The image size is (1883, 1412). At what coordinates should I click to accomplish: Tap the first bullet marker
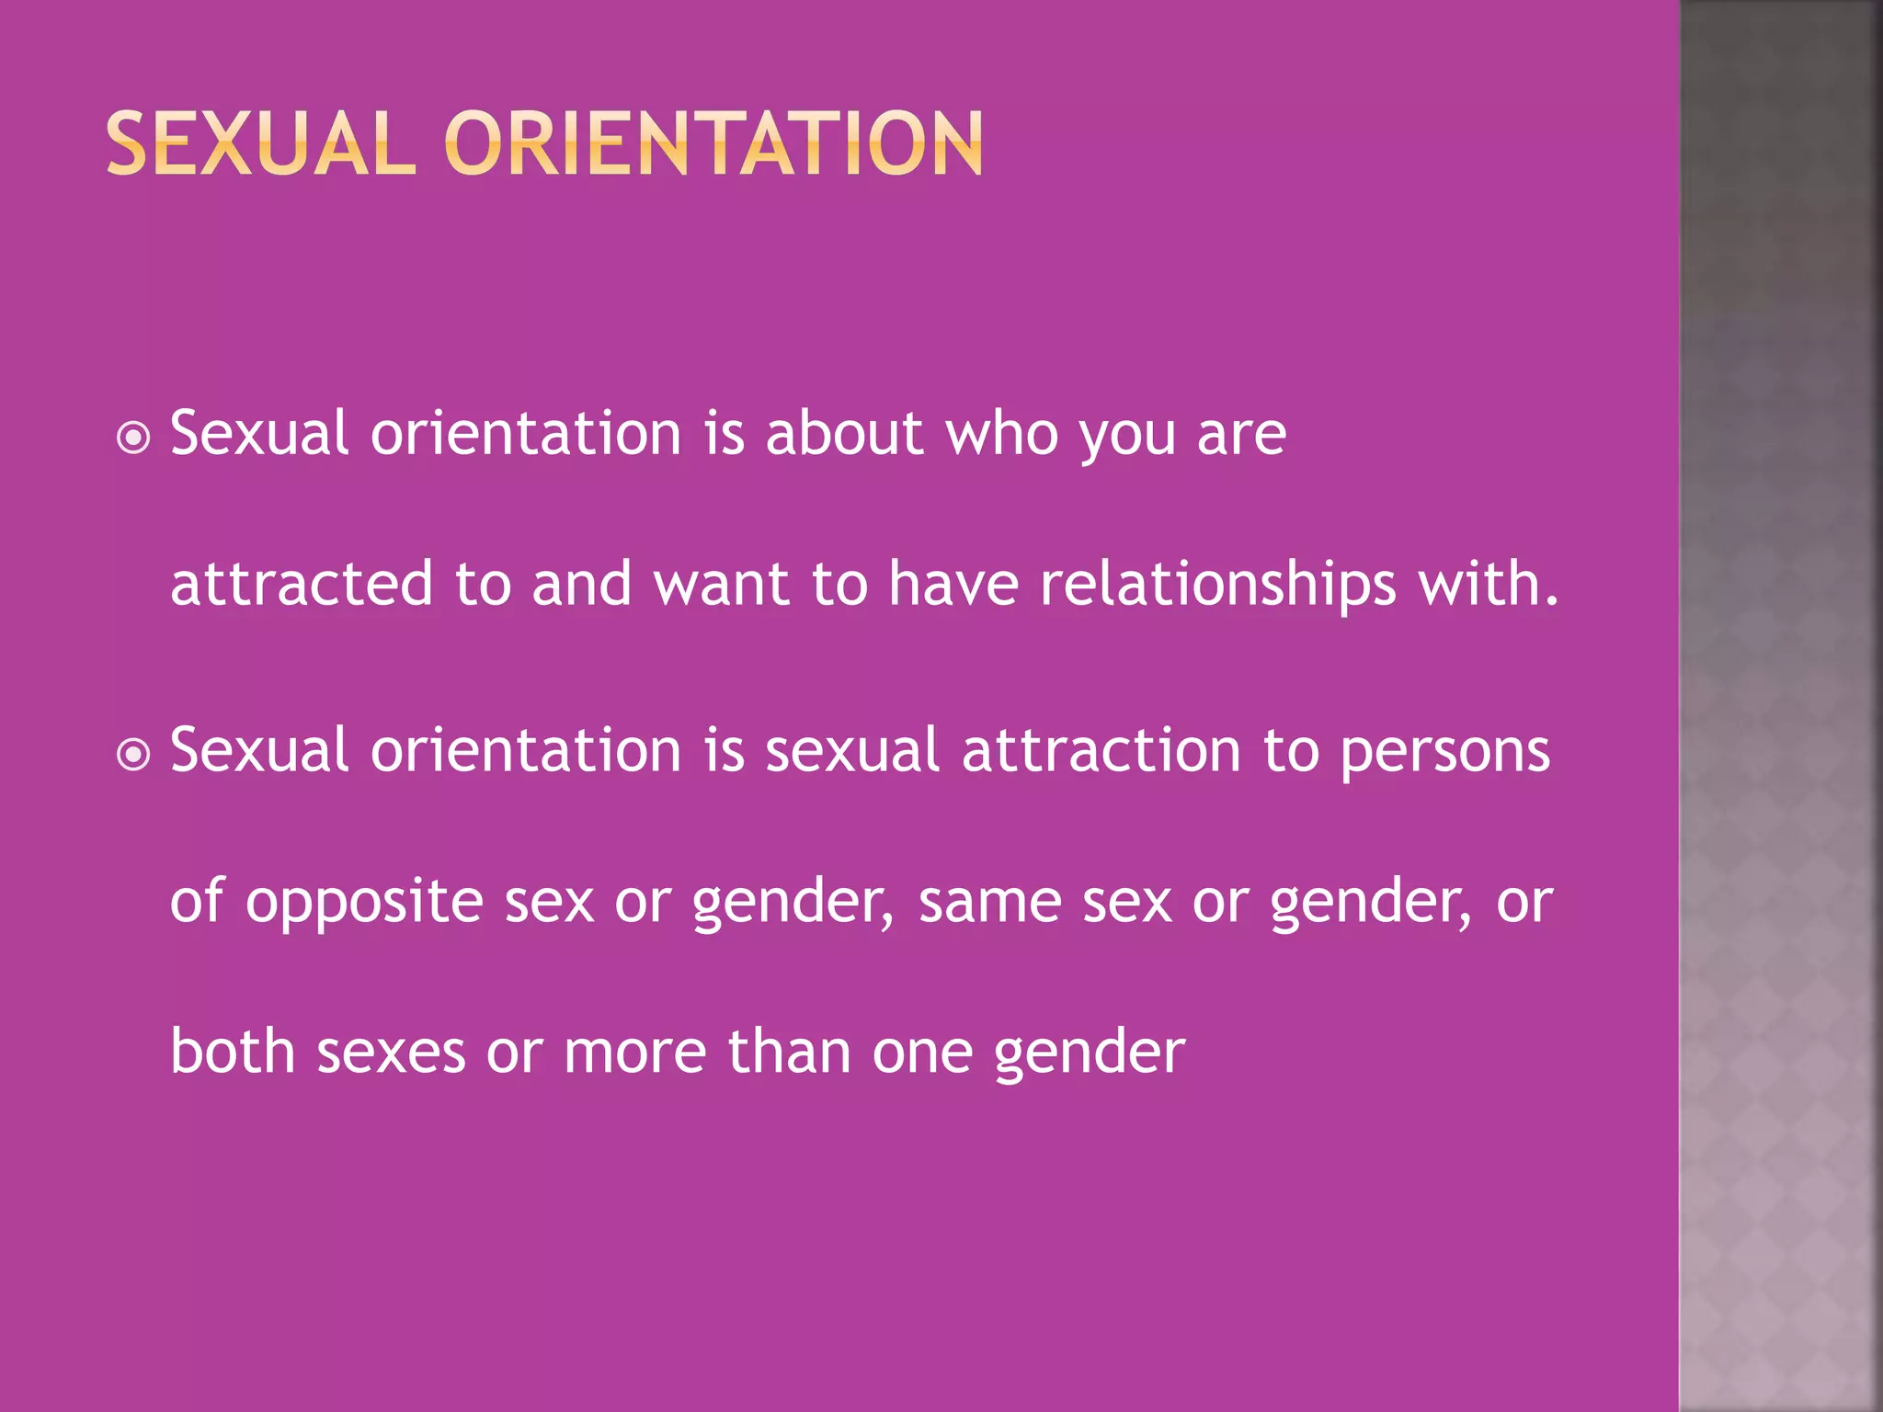coord(134,438)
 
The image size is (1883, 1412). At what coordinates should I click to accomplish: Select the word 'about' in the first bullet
coord(844,433)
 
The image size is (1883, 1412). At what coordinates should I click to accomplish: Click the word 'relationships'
coord(1217,584)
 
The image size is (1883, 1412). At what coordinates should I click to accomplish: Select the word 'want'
coord(722,584)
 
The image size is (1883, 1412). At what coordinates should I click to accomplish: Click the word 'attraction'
coord(1101,750)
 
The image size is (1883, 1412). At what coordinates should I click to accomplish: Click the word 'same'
coord(989,901)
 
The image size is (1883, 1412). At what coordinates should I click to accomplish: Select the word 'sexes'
coord(391,1053)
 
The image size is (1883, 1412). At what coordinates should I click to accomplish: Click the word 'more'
coord(634,1053)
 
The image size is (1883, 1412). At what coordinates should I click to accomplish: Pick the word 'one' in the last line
coord(922,1053)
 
